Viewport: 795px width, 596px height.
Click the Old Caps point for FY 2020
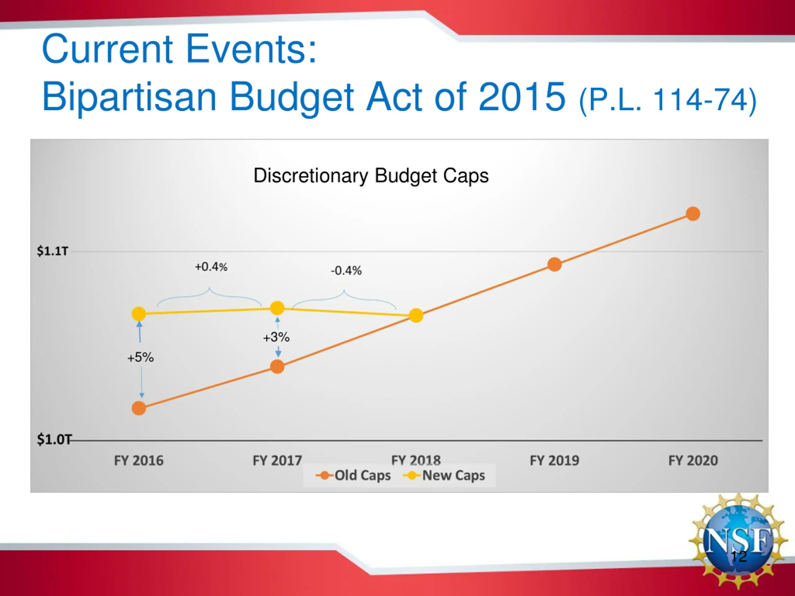click(693, 214)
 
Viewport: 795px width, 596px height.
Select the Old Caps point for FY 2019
click(554, 264)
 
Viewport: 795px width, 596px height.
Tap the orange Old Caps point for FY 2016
click(139, 408)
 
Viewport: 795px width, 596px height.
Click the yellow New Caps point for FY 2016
click(139, 314)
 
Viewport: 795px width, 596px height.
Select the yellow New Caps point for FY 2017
click(277, 308)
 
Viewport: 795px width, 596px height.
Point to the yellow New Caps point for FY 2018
click(416, 315)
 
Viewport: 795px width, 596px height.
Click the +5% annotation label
click(141, 358)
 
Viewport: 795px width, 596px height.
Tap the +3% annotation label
click(276, 337)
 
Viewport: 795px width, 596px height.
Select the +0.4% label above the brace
click(211, 267)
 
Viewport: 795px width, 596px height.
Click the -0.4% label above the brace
click(346, 270)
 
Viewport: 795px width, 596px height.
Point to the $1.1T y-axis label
click(52, 251)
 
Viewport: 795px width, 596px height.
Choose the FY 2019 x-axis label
click(554, 460)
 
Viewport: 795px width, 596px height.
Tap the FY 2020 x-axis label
click(693, 460)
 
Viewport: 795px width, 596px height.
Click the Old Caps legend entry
click(354, 475)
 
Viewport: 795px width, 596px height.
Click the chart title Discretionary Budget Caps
click(371, 176)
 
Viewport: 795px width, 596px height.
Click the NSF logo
click(738, 542)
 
